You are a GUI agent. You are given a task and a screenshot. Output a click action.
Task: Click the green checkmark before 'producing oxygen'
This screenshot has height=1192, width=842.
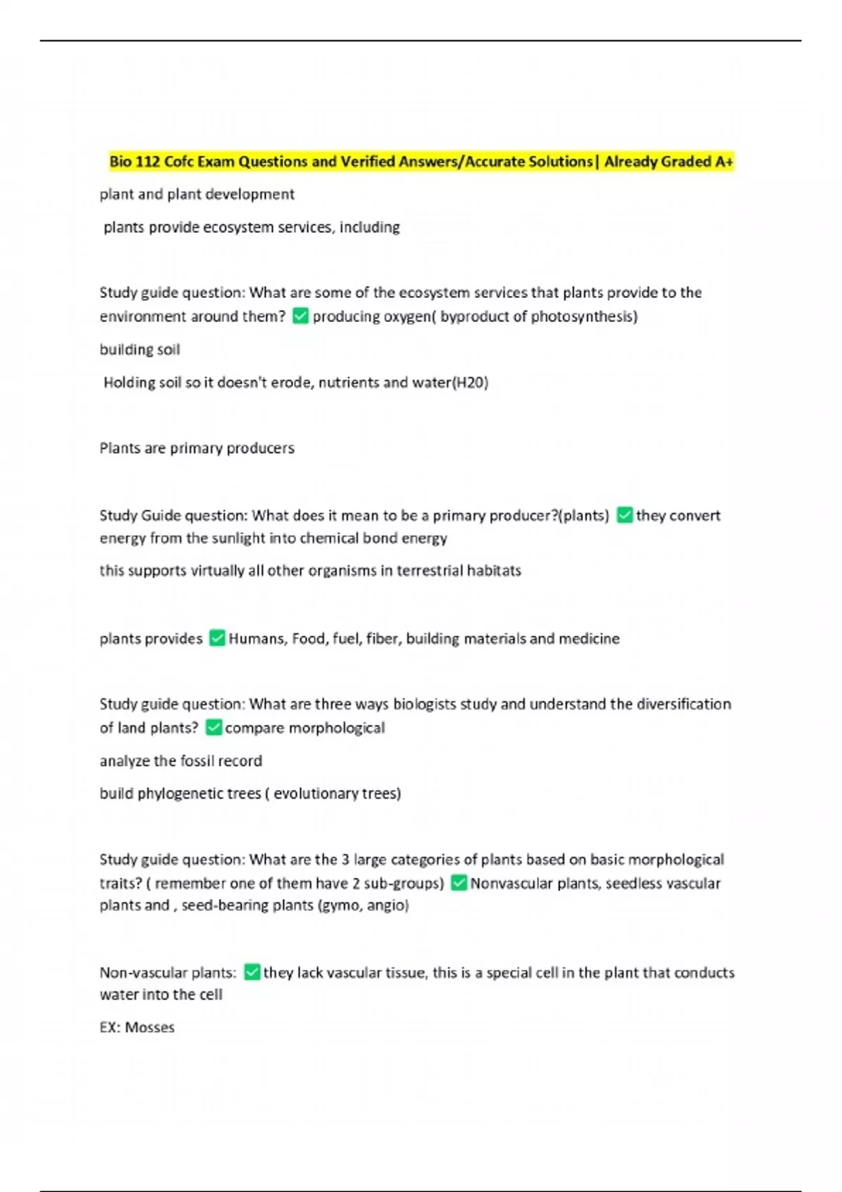[x=300, y=316]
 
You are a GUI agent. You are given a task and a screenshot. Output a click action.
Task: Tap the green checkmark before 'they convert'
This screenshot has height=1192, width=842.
[x=624, y=515]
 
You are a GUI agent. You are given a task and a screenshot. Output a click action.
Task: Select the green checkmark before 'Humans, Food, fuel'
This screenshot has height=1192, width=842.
[x=217, y=638]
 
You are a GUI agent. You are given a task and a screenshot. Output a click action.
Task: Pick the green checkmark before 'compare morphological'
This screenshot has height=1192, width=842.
[x=213, y=728]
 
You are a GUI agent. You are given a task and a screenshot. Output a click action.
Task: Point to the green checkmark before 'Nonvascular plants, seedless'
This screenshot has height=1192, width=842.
[x=458, y=883]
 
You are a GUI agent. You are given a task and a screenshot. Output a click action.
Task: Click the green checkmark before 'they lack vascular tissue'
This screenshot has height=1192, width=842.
[x=251, y=973]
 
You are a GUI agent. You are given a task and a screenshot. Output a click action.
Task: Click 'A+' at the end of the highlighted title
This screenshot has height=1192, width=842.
[x=724, y=162]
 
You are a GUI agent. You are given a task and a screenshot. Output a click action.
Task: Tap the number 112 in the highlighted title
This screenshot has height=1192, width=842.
[x=147, y=162]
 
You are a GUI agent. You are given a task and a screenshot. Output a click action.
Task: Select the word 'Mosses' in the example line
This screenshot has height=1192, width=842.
[x=149, y=1027]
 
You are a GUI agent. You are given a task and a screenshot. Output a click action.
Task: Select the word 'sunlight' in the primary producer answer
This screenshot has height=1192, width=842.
[x=239, y=538]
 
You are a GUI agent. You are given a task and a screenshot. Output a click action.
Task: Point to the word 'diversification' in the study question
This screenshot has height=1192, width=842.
[x=683, y=704]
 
